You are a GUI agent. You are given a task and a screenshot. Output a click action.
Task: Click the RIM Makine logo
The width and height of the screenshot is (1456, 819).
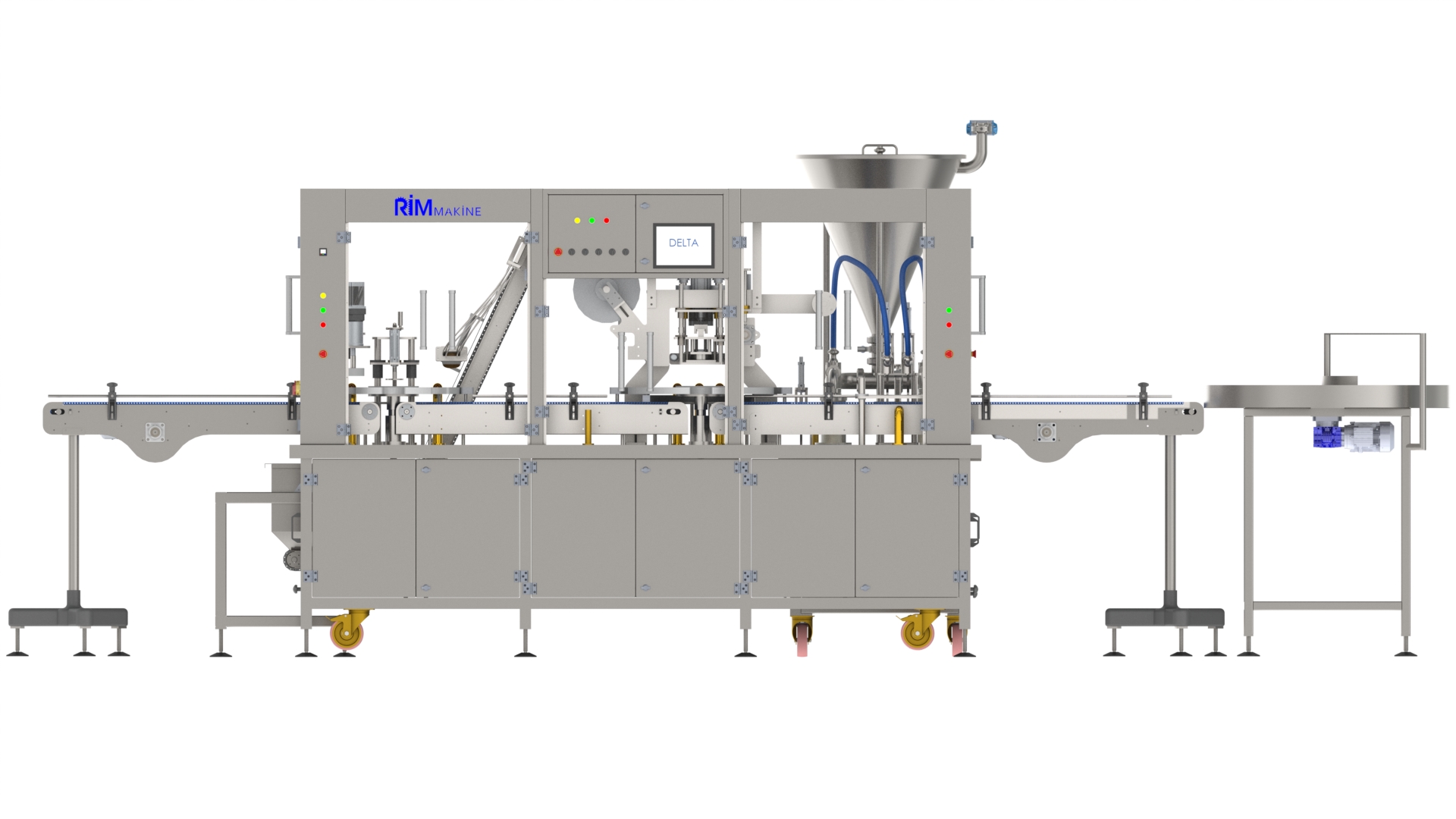tap(438, 206)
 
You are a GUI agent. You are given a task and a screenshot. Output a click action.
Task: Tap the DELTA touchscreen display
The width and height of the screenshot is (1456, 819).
tap(683, 244)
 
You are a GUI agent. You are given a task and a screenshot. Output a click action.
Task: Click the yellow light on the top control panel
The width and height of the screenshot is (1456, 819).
tap(577, 221)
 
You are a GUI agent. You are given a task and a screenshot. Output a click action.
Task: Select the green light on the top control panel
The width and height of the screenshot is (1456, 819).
tap(591, 221)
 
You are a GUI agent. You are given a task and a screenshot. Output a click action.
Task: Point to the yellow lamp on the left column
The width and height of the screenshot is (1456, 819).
tap(323, 296)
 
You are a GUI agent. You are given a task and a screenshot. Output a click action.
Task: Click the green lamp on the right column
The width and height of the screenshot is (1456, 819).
tap(949, 310)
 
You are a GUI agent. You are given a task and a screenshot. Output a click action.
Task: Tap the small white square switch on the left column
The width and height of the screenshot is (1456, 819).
tap(322, 252)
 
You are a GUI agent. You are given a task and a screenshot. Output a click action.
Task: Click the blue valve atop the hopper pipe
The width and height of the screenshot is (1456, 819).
tap(981, 128)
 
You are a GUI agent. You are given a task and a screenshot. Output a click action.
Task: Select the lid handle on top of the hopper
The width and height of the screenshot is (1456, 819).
tap(880, 149)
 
